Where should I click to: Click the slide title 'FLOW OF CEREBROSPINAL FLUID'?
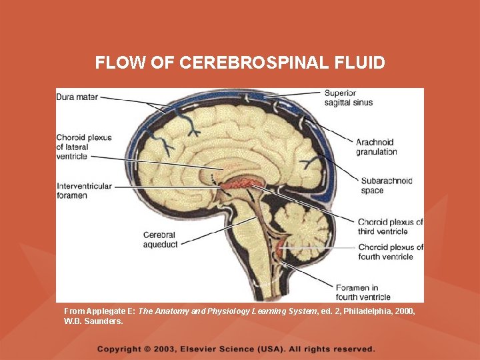click(240, 63)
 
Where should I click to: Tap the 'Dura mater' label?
click(77, 97)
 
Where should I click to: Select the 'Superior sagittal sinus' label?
click(348, 97)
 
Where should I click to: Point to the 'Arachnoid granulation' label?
click(376, 147)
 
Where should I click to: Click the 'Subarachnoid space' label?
click(386, 185)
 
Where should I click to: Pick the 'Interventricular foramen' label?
click(84, 191)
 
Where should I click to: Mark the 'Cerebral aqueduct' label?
click(160, 240)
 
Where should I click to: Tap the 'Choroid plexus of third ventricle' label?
click(390, 227)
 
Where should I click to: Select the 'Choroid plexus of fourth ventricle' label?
click(390, 252)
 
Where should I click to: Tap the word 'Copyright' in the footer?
click(119, 349)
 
